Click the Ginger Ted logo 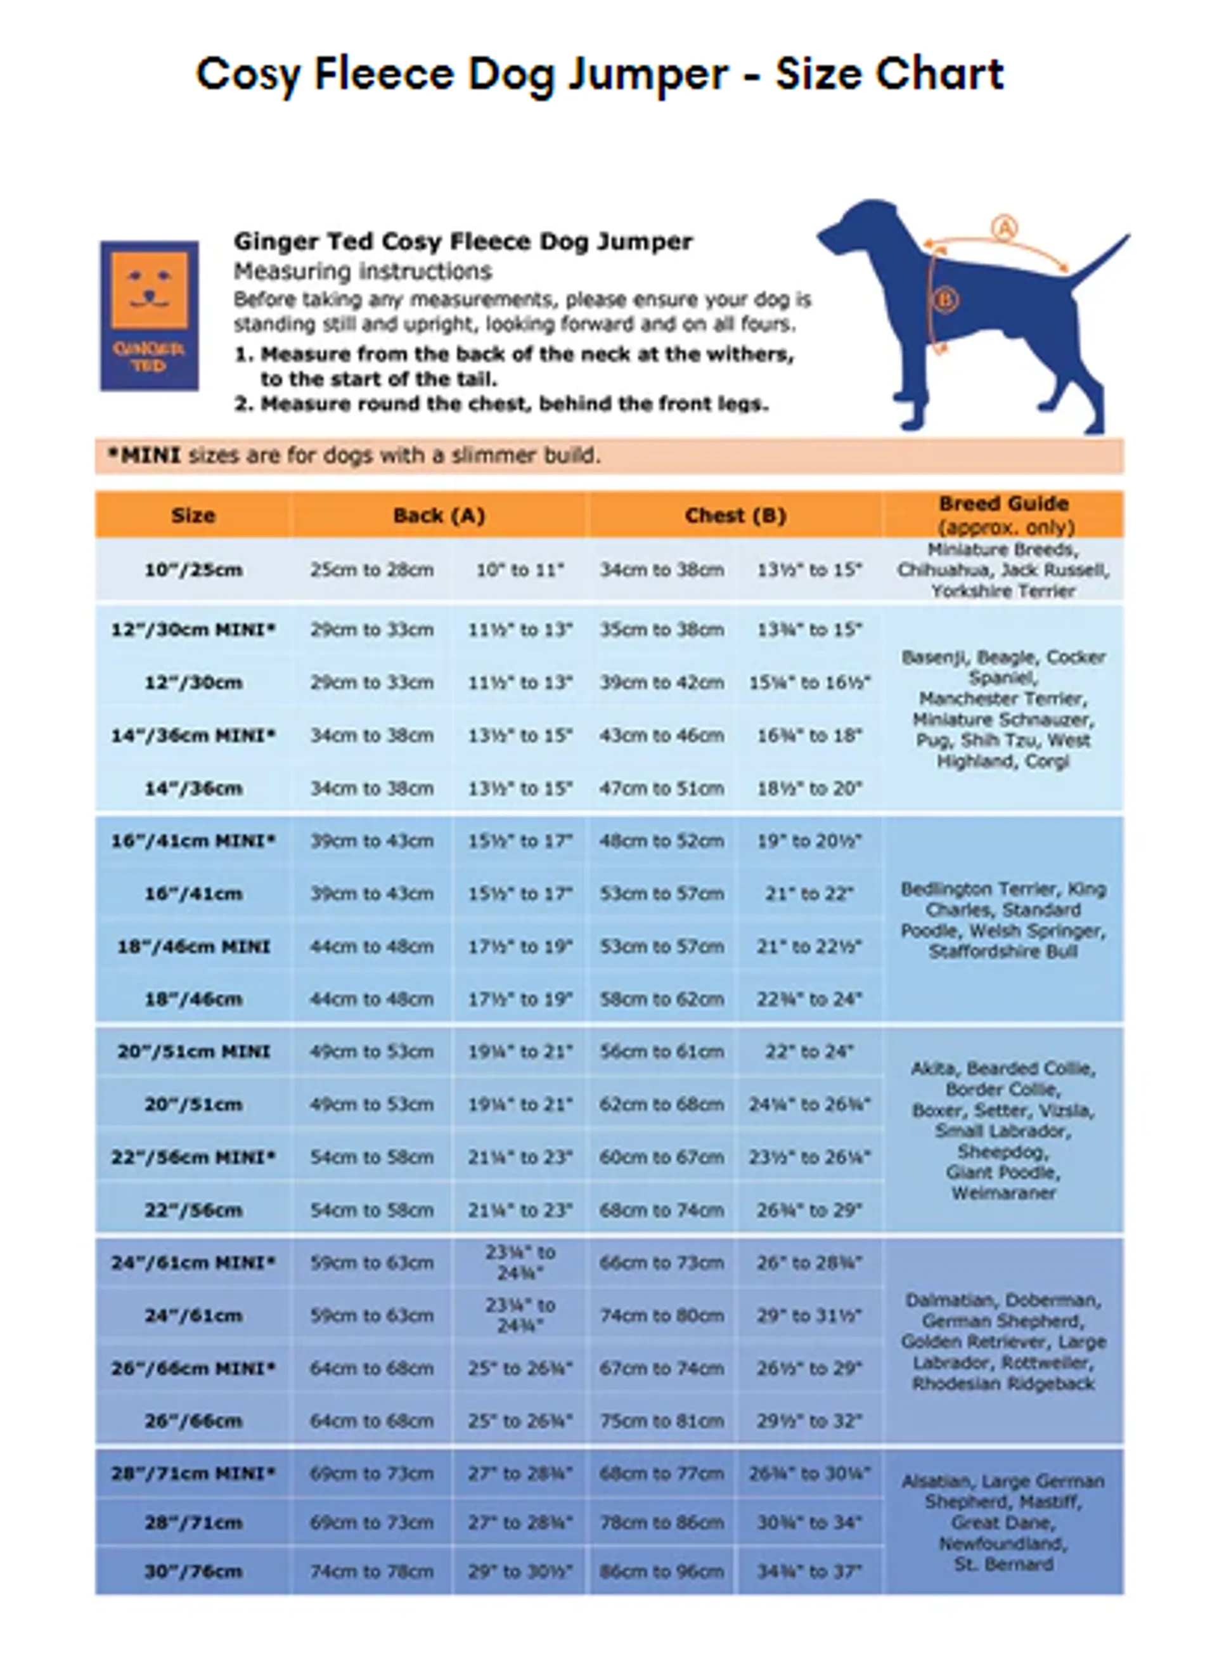pyautogui.click(x=150, y=315)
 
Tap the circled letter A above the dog pyautogui.click(x=1003, y=228)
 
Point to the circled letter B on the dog pyautogui.click(x=945, y=299)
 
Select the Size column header pyautogui.click(x=193, y=515)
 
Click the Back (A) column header pyautogui.click(x=439, y=515)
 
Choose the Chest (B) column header pyautogui.click(x=735, y=515)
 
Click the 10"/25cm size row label pyautogui.click(x=193, y=570)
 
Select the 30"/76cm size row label pyautogui.click(x=193, y=1572)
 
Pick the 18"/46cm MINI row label pyautogui.click(x=193, y=946)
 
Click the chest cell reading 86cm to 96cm pyautogui.click(x=662, y=1572)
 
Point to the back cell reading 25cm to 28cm pyautogui.click(x=371, y=570)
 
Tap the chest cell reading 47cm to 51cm pyautogui.click(x=662, y=788)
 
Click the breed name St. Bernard pyautogui.click(x=1003, y=1564)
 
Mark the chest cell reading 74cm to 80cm pyautogui.click(x=662, y=1316)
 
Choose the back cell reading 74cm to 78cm pyautogui.click(x=371, y=1572)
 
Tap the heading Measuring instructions pyautogui.click(x=363, y=272)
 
